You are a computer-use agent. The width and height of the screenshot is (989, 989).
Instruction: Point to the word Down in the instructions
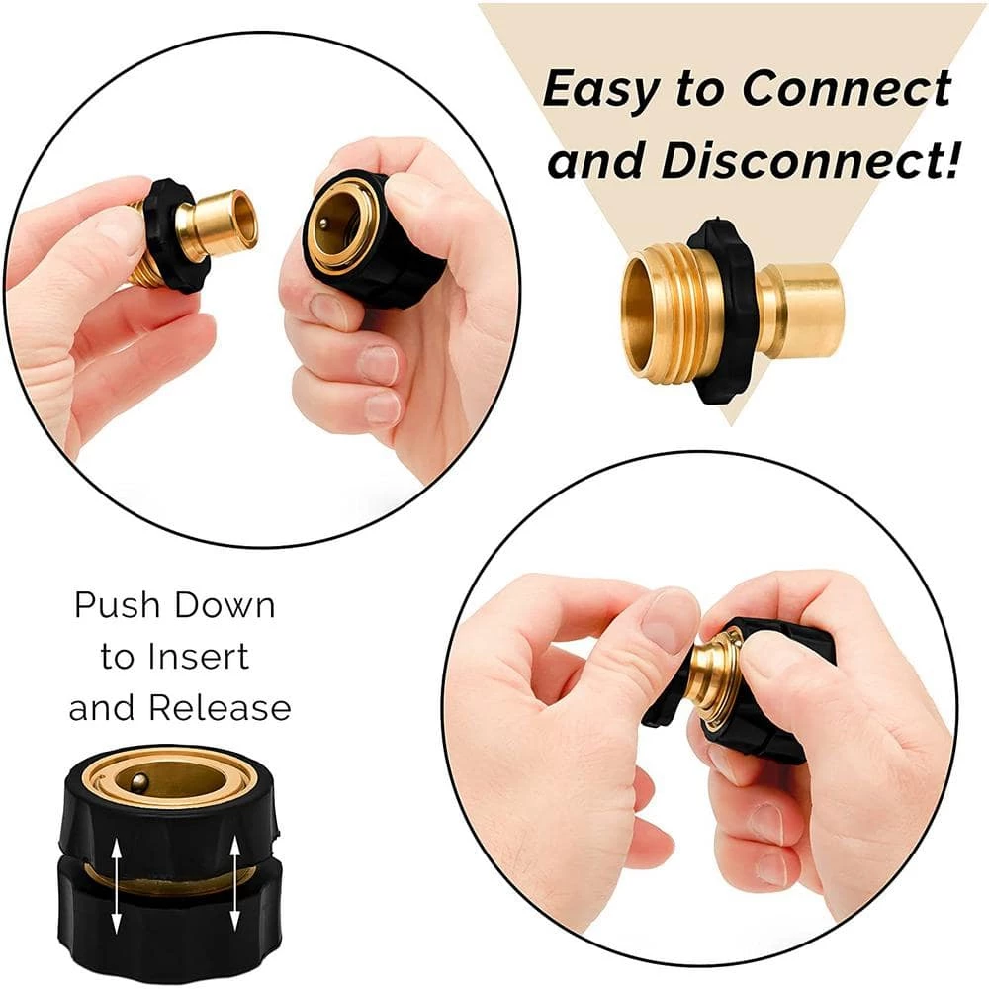point(225,604)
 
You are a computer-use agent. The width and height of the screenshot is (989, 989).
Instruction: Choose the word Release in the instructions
point(221,708)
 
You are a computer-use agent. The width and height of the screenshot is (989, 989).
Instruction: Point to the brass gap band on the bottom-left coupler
point(170,873)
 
